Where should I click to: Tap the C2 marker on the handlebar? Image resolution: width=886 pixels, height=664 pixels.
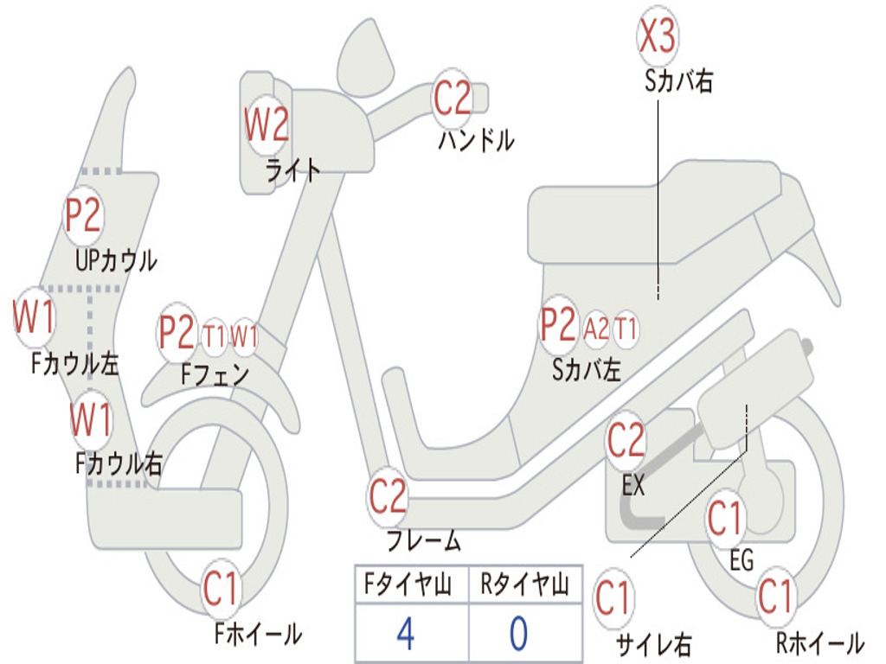click(453, 98)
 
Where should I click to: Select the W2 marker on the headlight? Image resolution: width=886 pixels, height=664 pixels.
click(266, 126)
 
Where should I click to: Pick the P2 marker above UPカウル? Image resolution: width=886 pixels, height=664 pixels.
click(84, 215)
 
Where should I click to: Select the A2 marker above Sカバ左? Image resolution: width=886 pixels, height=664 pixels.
click(596, 329)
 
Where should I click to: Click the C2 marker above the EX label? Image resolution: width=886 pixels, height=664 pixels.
click(626, 441)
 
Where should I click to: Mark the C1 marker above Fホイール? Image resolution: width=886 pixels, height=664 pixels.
click(221, 591)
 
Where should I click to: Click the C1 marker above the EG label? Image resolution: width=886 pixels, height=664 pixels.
click(725, 519)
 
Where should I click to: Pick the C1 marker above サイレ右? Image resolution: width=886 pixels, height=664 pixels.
click(613, 598)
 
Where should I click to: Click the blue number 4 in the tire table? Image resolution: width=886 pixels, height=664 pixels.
click(405, 634)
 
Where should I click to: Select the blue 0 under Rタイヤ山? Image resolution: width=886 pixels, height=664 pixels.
click(518, 634)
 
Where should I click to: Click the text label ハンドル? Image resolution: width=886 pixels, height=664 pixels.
click(476, 140)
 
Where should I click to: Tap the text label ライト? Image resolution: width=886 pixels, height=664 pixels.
click(293, 170)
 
